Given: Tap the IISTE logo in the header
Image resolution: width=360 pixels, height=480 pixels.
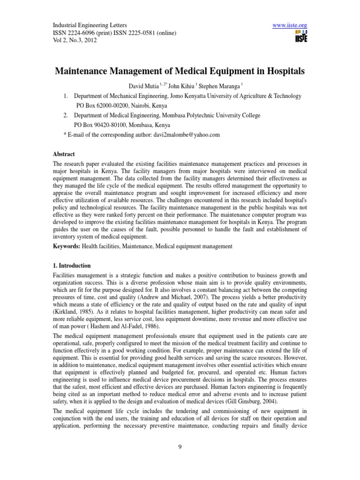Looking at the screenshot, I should [301, 37].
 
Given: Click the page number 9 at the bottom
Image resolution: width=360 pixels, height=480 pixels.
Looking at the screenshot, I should [180, 459].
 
